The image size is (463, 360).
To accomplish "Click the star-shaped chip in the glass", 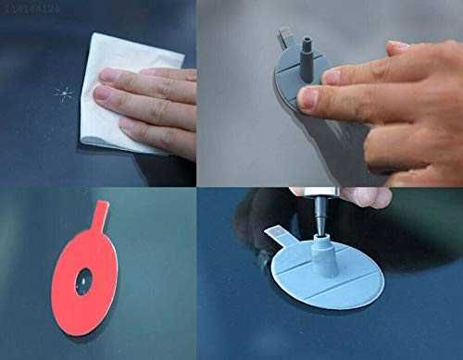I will [62, 93].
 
